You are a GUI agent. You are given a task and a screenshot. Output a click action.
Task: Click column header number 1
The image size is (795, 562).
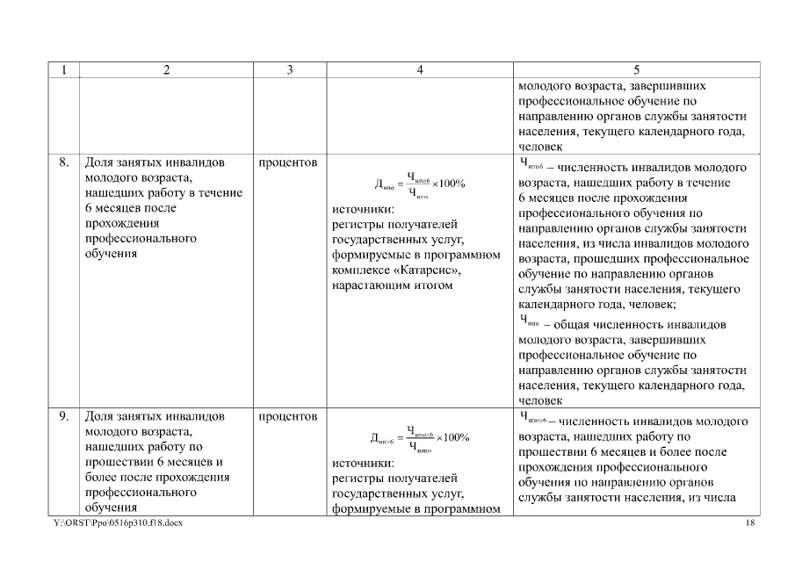pos(64,70)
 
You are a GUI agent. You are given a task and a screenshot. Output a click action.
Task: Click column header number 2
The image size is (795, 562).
pos(167,70)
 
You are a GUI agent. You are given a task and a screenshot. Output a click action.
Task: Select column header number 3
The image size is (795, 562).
pos(290,70)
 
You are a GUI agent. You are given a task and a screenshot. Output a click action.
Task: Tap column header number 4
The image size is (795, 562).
pos(420,70)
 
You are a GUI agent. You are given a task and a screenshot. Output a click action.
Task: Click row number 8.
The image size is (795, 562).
pos(64,163)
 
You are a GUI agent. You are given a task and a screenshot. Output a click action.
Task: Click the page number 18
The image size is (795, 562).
pos(749,523)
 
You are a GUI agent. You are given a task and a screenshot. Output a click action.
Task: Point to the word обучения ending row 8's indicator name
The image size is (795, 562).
pos(111,255)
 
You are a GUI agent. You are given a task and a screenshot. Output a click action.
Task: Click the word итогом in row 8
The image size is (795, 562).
pos(430,285)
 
